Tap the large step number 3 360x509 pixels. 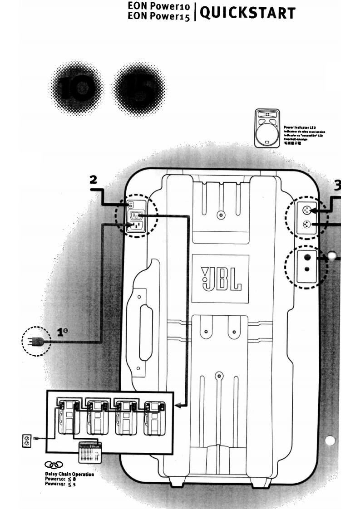click(x=338, y=186)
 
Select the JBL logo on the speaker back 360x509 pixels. click(x=220, y=279)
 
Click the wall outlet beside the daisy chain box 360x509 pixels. click(x=27, y=439)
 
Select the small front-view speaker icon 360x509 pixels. click(x=268, y=127)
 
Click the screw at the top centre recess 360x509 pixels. click(x=221, y=215)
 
